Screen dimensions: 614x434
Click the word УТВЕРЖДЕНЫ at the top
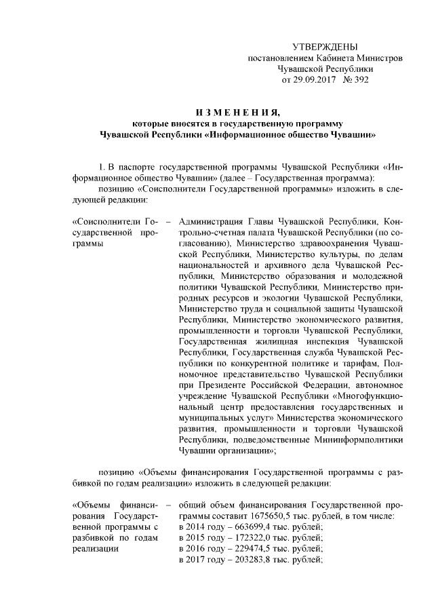click(324, 47)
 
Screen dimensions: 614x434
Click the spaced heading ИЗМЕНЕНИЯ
click(237, 112)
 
